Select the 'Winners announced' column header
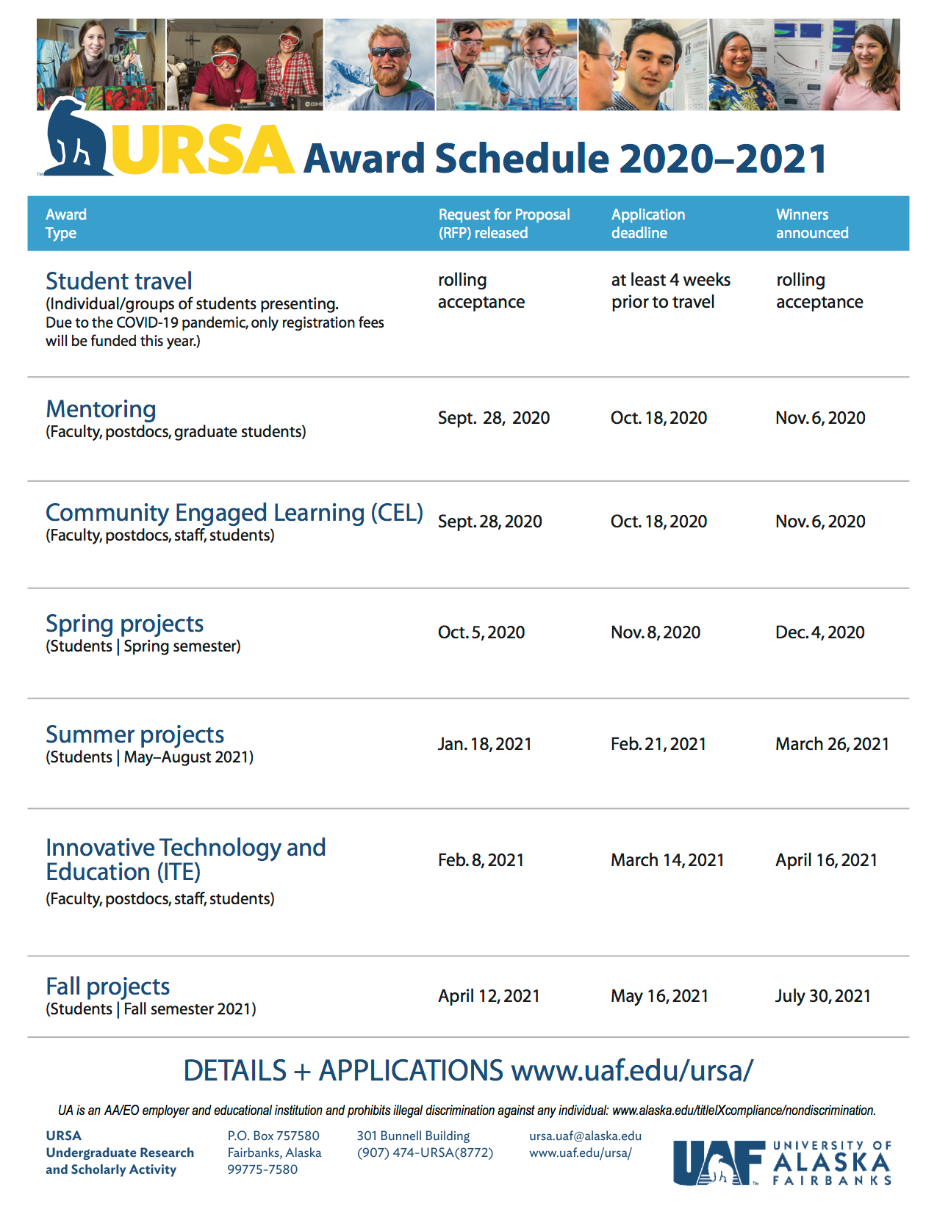point(812,223)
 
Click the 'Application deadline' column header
point(647,223)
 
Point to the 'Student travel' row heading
point(119,281)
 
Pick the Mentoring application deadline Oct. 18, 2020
point(658,418)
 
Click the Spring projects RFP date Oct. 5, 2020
point(481,632)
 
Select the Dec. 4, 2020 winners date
point(819,632)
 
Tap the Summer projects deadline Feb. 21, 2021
point(658,744)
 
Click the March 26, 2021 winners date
point(832,744)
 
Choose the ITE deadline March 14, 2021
point(667,860)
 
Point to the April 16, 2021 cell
point(826,860)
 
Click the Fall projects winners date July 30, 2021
point(822,996)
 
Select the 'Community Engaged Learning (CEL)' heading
point(234,513)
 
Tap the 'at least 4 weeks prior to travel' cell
point(670,291)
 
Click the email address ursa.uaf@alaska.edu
point(585,1136)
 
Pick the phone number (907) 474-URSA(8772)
point(425,1153)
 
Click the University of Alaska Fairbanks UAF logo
point(782,1163)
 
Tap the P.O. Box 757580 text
point(273,1136)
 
